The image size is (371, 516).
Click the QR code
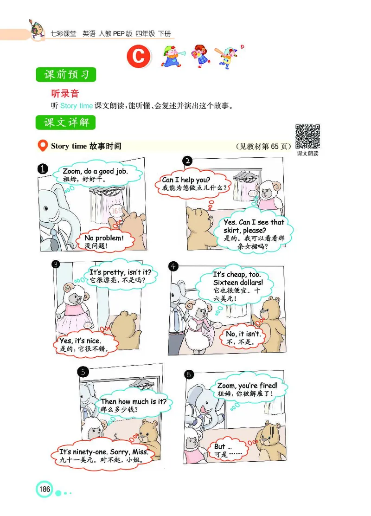pos(308,136)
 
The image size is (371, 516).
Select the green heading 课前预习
pos(66,75)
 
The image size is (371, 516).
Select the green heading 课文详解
pos(66,123)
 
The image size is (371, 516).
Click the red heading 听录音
pos(65,93)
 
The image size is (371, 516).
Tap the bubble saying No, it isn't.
pos(243,337)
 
